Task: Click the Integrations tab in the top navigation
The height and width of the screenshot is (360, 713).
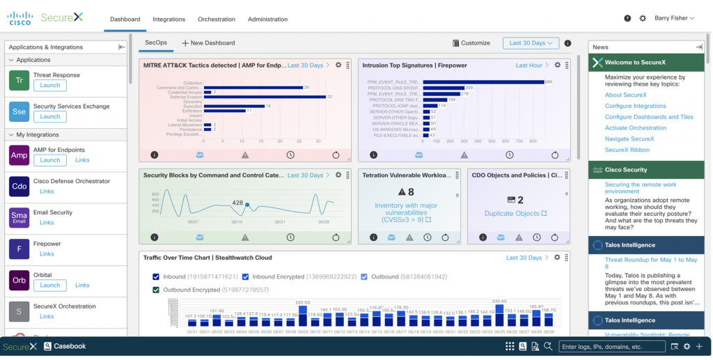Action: click(x=169, y=19)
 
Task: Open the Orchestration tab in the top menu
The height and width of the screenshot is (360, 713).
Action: click(x=217, y=19)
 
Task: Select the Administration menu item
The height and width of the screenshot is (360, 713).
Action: click(x=267, y=19)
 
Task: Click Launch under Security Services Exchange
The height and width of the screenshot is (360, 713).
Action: click(x=50, y=116)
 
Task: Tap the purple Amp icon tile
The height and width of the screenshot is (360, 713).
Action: click(x=19, y=155)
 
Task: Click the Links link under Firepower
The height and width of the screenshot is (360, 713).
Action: click(x=47, y=254)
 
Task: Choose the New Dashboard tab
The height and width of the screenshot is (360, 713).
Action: click(x=208, y=43)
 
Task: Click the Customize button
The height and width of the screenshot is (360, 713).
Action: click(x=471, y=43)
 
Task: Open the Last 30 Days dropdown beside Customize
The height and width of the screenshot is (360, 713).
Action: click(x=531, y=43)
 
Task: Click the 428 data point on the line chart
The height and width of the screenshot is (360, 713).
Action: click(x=247, y=205)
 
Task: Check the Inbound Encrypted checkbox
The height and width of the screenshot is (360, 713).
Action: click(x=245, y=276)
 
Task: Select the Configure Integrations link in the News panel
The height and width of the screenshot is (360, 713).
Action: click(x=635, y=106)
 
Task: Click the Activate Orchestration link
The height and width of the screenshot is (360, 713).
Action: click(x=635, y=128)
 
